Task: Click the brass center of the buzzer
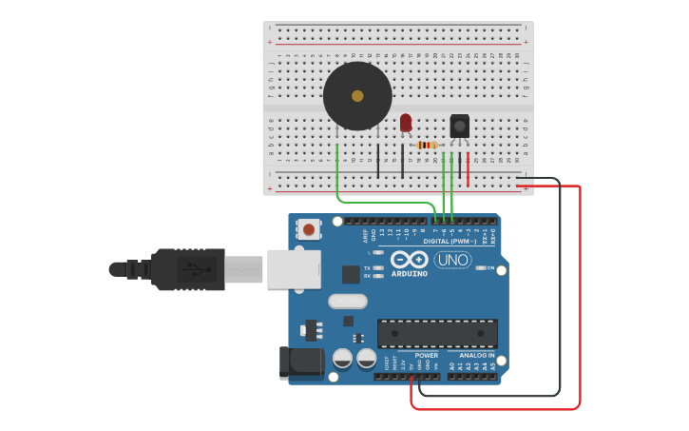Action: (x=357, y=96)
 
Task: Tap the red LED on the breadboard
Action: (x=406, y=123)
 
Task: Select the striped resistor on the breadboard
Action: (x=427, y=145)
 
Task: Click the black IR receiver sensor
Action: (x=459, y=126)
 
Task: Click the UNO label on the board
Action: (x=452, y=260)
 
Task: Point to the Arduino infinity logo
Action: (x=409, y=259)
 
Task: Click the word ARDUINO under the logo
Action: (x=409, y=274)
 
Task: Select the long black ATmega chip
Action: (x=437, y=334)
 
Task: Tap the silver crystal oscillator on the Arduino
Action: (x=347, y=302)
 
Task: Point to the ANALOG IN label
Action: (x=476, y=355)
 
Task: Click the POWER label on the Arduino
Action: (x=426, y=355)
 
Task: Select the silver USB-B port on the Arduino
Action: (x=294, y=269)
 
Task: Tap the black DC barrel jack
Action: (x=297, y=362)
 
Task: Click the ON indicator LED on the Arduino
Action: (x=480, y=268)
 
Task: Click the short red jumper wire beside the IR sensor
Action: (x=468, y=166)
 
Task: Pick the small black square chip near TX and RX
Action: (x=351, y=274)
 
